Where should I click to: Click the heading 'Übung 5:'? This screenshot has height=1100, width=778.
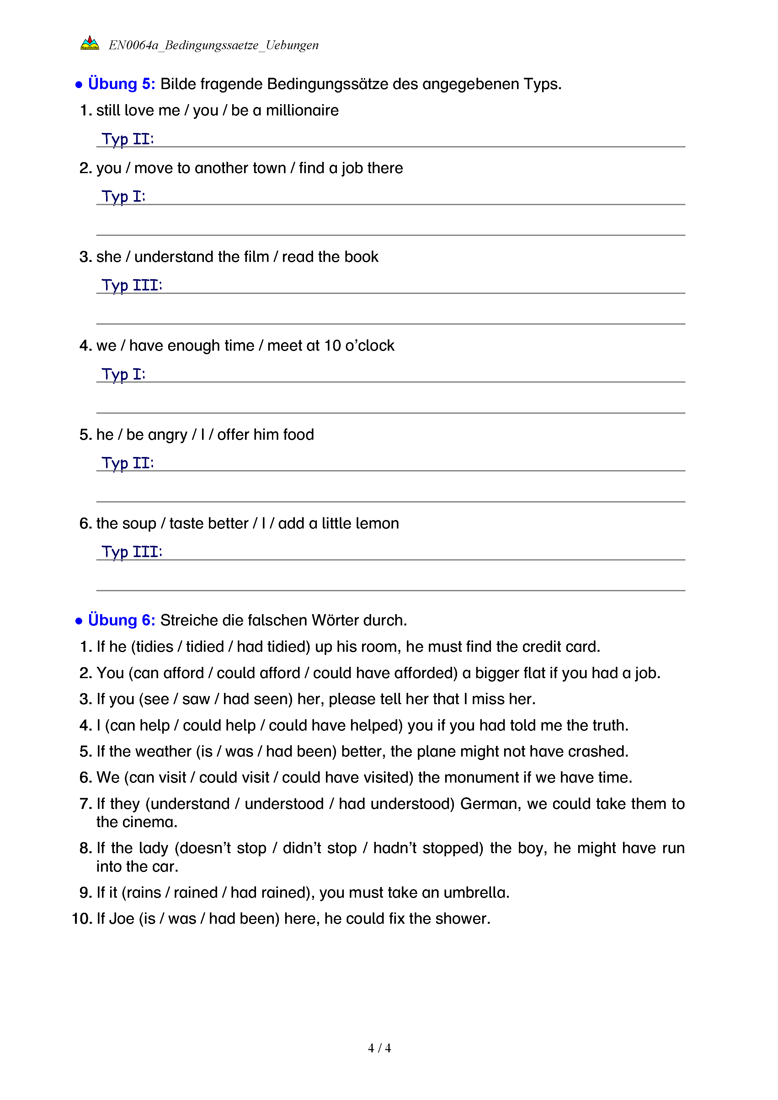[121, 84]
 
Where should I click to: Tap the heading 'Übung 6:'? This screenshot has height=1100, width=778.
[121, 620]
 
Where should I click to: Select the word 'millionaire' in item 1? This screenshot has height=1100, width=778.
[302, 111]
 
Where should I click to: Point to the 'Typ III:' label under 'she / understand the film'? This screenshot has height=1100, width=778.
[132, 285]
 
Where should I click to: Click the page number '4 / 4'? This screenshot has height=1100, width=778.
[379, 1048]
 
